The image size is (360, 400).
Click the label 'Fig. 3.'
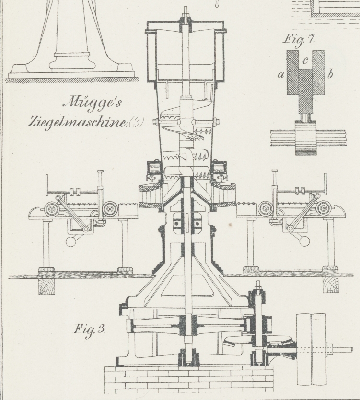(x=89, y=330)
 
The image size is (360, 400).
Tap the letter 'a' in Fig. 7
(x=280, y=74)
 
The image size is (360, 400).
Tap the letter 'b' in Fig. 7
(x=330, y=74)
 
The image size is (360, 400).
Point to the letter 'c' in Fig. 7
(x=306, y=59)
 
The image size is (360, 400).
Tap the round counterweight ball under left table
(x=71, y=241)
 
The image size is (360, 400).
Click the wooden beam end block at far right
(x=330, y=286)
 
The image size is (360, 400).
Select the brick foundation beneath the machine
(x=185, y=378)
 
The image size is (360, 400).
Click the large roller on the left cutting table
(x=51, y=209)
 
